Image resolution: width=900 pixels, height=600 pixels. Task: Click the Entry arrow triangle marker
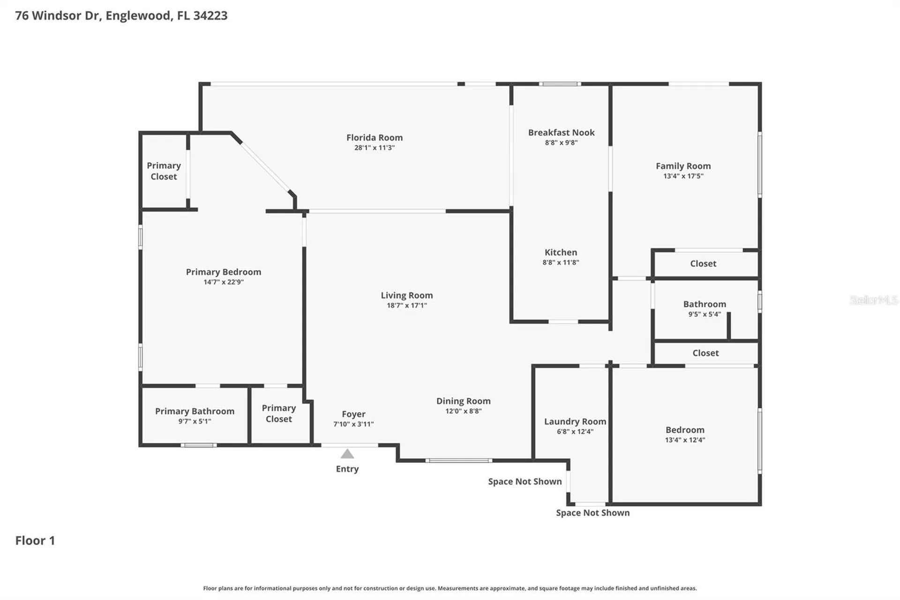[347, 454]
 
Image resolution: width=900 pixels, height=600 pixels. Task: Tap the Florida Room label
[375, 137]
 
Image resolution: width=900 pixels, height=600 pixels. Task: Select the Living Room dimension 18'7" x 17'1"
[407, 305]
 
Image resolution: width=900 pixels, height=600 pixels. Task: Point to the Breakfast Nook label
[561, 133]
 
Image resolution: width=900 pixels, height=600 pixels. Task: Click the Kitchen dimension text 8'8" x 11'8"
[561, 263]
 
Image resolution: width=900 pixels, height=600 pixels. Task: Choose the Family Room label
[683, 166]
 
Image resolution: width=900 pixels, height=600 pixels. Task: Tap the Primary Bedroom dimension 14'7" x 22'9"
[224, 282]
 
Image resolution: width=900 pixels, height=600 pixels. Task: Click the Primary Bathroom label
[195, 411]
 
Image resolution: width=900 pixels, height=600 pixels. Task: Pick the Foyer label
[353, 414]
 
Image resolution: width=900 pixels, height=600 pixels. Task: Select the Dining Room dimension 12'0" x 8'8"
[464, 411]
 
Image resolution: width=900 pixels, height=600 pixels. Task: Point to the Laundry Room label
[575, 422]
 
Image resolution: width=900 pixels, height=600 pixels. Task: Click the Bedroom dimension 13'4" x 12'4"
[685, 440]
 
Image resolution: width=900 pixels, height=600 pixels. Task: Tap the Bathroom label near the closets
[705, 304]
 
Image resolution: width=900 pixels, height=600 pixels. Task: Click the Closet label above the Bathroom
[703, 264]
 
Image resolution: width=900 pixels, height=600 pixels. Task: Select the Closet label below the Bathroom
[705, 353]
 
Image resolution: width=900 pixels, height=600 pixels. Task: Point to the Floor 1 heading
[35, 540]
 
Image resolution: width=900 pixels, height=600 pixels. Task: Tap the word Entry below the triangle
[347, 469]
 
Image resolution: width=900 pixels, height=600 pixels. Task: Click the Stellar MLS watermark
[874, 300]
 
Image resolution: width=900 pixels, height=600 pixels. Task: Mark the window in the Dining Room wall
[459, 461]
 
